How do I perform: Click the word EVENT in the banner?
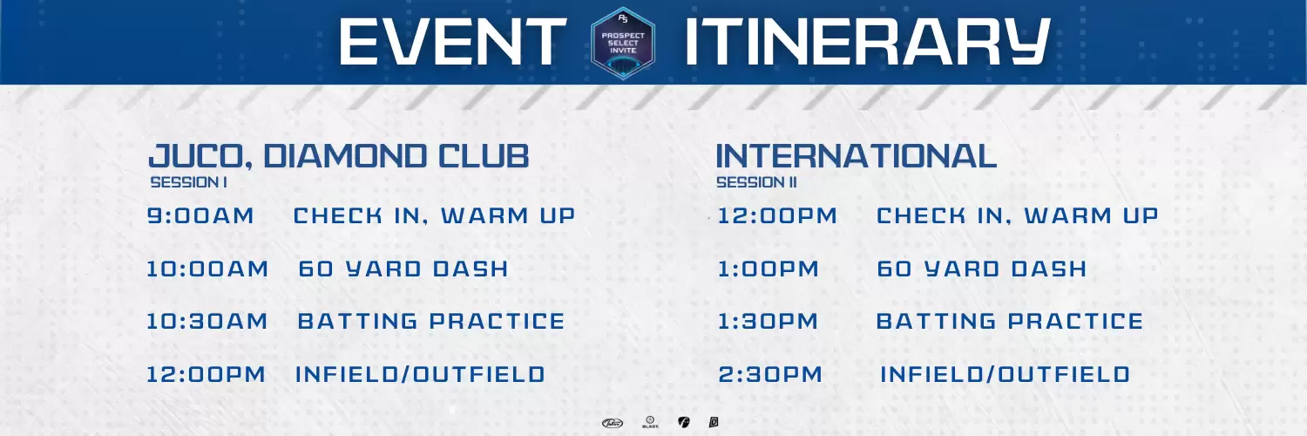pos(453,42)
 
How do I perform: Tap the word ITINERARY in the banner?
pos(867,42)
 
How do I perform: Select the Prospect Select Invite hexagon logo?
pos(623,44)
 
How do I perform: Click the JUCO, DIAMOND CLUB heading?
pos(339,156)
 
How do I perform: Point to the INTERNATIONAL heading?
pos(856,156)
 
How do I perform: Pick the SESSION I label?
pos(189,183)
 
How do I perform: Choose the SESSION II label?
pos(756,183)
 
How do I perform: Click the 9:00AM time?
pos(200,216)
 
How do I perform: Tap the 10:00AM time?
pos(207,269)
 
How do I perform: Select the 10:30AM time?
pos(207,321)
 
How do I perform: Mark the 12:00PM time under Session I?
pos(206,374)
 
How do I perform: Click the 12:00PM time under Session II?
pos(777,216)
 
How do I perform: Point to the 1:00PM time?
pos(769,269)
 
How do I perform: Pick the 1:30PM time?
pos(768,321)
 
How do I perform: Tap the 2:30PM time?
pos(770,374)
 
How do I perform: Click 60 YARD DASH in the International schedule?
pos(981,269)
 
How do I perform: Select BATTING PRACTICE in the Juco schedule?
pos(431,321)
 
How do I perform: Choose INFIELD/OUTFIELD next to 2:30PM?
pos(1006,374)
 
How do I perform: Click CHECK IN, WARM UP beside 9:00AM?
pos(434,216)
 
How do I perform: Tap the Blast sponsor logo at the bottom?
pos(650,422)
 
